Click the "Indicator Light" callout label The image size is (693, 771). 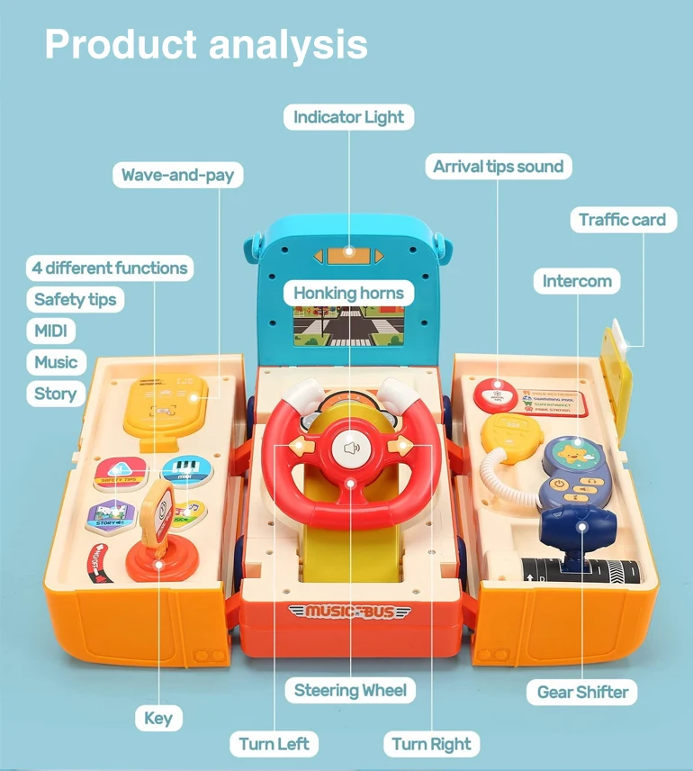[349, 117]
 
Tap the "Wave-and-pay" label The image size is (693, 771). [178, 175]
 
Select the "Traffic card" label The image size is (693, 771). [622, 220]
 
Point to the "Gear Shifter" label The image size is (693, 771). [581, 692]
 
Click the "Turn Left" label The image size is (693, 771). [274, 744]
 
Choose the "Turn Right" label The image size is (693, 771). [431, 744]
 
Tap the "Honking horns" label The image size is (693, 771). [349, 294]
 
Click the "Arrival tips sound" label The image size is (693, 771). [498, 167]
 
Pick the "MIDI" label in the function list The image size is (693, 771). [50, 331]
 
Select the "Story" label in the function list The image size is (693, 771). [55, 394]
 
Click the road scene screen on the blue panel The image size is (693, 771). [348, 327]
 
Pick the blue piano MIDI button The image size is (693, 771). [186, 469]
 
